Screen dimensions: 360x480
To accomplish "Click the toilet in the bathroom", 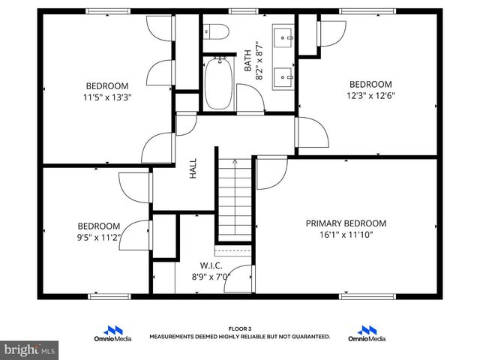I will (x=215, y=32).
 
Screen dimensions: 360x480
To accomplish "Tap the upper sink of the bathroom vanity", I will (x=283, y=35).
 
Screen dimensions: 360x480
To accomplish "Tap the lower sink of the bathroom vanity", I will (x=283, y=75).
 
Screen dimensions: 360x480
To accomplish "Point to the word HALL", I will (x=193, y=167).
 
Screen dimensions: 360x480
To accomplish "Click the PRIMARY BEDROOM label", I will (x=346, y=223).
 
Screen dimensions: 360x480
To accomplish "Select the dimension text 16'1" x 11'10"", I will (x=346, y=235).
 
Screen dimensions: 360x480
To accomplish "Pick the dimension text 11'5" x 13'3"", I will (x=106, y=97).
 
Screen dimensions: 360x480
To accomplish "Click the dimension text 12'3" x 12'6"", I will (x=370, y=95).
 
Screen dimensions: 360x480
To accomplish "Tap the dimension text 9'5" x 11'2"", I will (x=99, y=238).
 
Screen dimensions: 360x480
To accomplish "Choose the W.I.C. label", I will (x=211, y=265).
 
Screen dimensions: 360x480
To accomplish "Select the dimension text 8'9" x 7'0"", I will (x=211, y=276).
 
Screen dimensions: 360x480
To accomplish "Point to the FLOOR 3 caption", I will (x=239, y=329).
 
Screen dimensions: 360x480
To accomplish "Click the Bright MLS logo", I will (x=30, y=349).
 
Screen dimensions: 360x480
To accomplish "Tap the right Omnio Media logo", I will (x=367, y=334).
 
